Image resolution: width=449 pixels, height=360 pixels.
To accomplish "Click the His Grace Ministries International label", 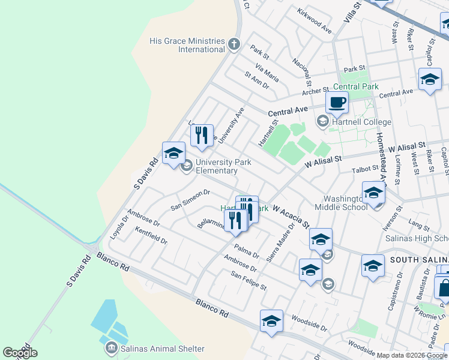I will tap(187, 44).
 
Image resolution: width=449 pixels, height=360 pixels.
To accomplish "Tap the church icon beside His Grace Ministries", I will tap(234, 44).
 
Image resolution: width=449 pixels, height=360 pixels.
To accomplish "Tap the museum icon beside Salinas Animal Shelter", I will tap(111, 348).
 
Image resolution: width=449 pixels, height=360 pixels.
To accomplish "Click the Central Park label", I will tap(355, 86).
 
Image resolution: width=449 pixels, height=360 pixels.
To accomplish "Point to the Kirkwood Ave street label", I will tap(315, 21).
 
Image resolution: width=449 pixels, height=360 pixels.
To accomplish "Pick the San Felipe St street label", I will tap(249, 280).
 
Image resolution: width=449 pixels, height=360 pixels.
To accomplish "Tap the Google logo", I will tap(20, 352).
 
